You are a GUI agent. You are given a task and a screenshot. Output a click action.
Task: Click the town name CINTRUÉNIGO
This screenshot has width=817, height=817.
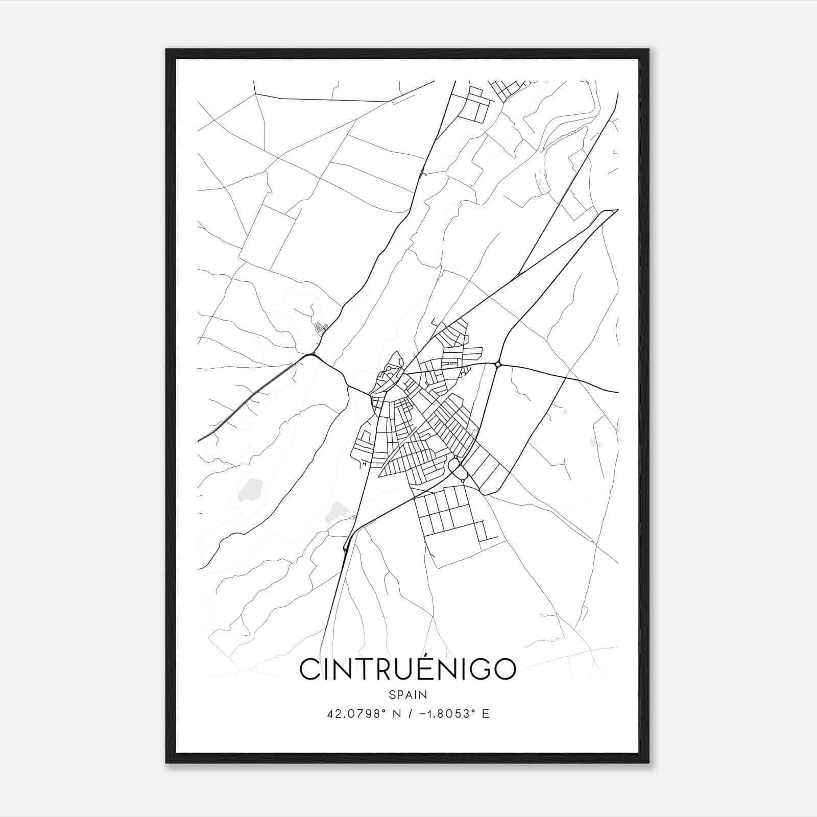pyautogui.click(x=407, y=669)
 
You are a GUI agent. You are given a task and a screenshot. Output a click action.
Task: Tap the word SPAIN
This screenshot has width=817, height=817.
pyautogui.click(x=407, y=694)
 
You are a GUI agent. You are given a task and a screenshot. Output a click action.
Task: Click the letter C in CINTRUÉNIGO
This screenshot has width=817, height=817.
pyautogui.click(x=309, y=669)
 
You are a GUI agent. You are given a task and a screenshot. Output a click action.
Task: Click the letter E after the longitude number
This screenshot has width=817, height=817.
pyautogui.click(x=486, y=714)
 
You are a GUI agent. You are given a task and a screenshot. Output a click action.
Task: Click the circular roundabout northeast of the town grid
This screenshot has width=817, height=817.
pyautogui.click(x=498, y=364)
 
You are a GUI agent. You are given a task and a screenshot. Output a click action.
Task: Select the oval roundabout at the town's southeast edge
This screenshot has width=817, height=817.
pyautogui.click(x=453, y=465)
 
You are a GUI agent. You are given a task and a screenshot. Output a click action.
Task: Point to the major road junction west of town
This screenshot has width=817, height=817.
pyautogui.click(x=313, y=354)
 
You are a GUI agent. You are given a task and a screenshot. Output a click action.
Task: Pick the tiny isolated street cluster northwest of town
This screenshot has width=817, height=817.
pyautogui.click(x=321, y=327)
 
